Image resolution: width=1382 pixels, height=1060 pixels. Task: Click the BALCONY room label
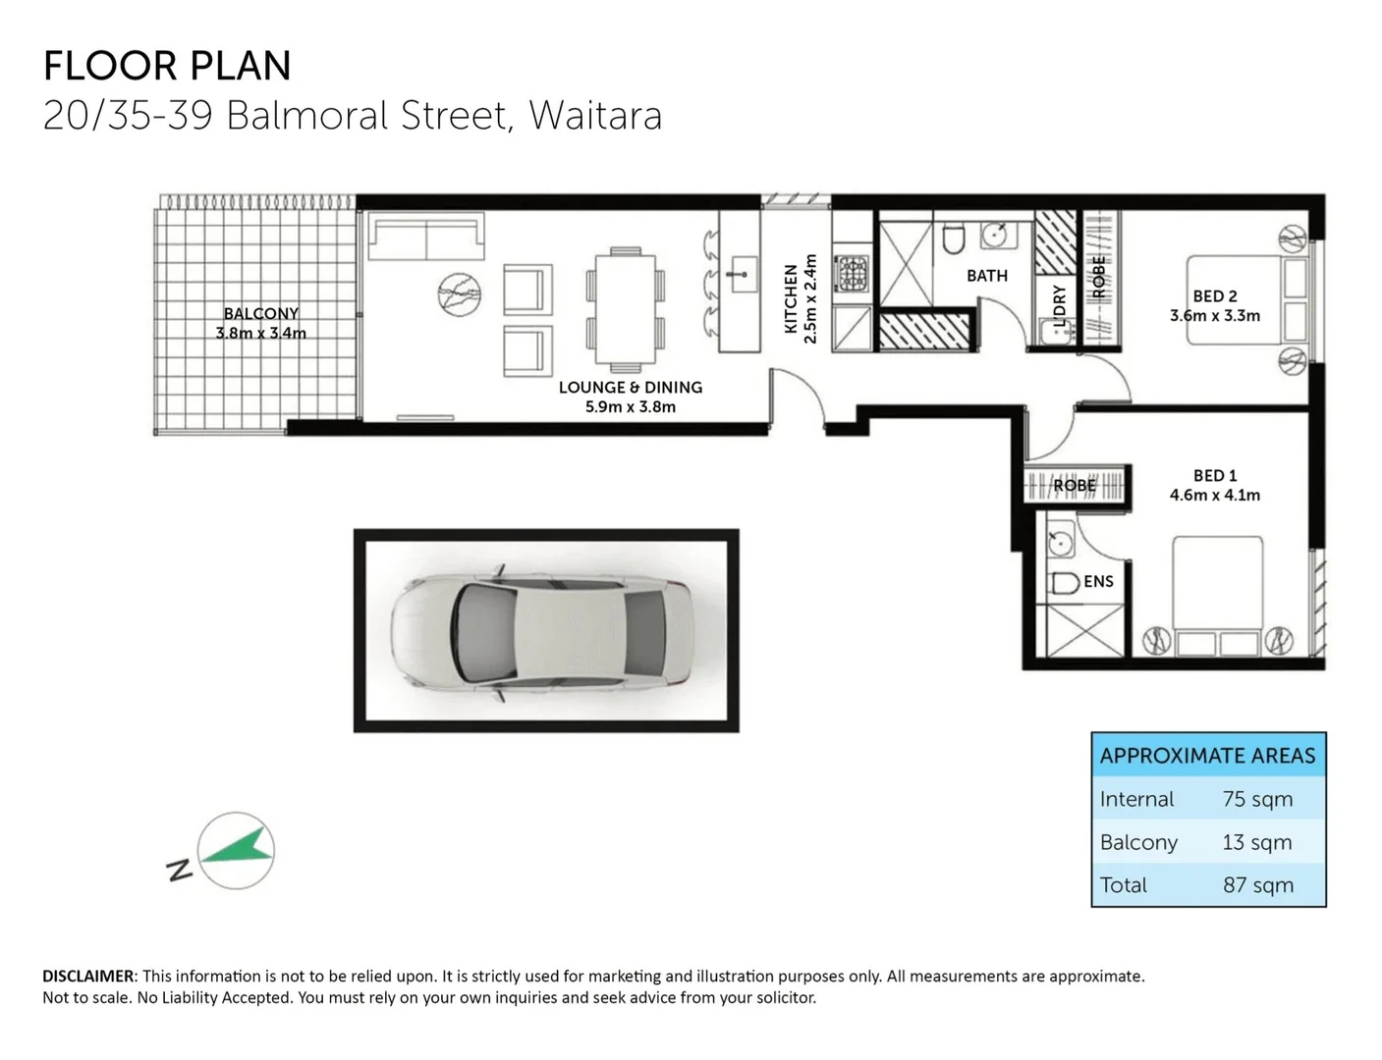[x=260, y=314]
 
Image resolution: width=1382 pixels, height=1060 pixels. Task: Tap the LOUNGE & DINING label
[x=630, y=388]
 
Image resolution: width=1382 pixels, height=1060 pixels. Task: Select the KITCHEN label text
[x=791, y=298]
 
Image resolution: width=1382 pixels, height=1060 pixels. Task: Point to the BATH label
[x=986, y=276]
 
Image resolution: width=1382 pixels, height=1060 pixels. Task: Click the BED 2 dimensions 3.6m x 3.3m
[x=1214, y=316]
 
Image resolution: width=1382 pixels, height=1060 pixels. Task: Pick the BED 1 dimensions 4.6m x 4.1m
[x=1214, y=496]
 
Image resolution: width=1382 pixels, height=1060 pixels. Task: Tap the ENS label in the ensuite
[x=1098, y=582]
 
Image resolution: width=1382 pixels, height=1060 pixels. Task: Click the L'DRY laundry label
[x=1059, y=303]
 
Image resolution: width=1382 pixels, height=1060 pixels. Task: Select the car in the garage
[x=541, y=630]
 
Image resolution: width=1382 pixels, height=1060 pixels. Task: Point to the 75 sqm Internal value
[x=1257, y=799]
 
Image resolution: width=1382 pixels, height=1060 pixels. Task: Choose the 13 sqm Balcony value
[x=1257, y=842]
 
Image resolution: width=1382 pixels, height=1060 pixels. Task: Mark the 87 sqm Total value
[x=1257, y=885]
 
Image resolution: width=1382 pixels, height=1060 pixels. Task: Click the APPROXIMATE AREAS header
[x=1207, y=756]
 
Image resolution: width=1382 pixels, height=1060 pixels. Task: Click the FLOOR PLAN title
[x=167, y=66]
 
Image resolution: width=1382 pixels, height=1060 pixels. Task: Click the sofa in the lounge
[x=425, y=238]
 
